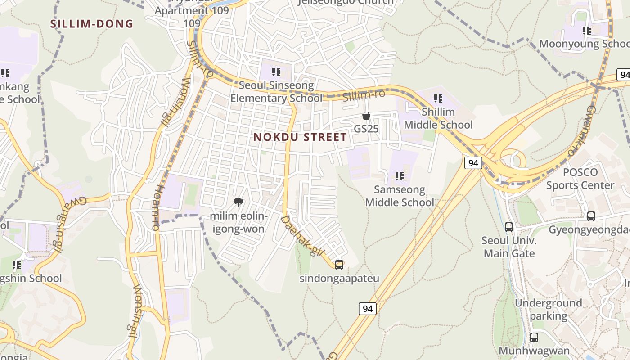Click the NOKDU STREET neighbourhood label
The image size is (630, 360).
coord(300,137)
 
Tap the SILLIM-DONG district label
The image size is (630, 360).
coord(92,24)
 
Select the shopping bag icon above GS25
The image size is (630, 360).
coord(366,116)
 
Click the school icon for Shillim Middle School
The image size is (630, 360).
coord(438,99)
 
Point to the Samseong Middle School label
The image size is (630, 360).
coord(400,196)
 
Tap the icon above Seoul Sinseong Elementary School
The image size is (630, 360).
coord(276,72)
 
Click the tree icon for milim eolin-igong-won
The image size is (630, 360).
coord(238,202)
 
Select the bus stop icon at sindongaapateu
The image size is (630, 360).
coord(339,265)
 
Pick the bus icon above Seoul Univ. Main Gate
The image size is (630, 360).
coord(509,227)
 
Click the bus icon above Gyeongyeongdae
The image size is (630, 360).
coord(591,216)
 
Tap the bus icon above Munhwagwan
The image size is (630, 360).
coord(534,337)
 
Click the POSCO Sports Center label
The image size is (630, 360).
coord(580,179)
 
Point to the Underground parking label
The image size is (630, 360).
coord(548,309)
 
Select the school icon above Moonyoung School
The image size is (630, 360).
coord(586,31)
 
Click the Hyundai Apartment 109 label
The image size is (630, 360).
coord(192,11)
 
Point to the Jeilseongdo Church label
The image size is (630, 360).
coord(346,2)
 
